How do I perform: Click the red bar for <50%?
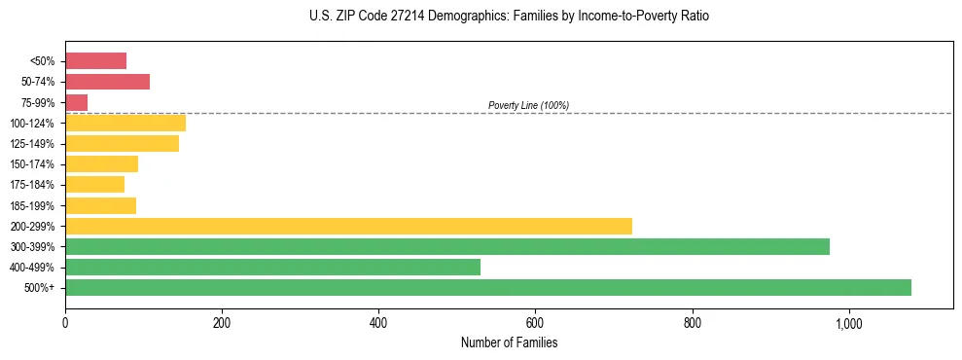95,61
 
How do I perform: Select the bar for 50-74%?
107,82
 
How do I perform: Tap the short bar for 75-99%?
76,102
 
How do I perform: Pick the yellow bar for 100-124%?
125,123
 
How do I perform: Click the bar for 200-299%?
348,226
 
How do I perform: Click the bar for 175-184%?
94,185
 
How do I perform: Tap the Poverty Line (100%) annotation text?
528,105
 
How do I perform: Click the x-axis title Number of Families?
509,342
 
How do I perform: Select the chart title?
509,17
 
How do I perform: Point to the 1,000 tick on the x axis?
849,323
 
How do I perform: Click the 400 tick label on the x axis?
378,323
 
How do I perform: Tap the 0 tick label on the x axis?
65,323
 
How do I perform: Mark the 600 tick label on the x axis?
535,323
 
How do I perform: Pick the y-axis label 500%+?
39,288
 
